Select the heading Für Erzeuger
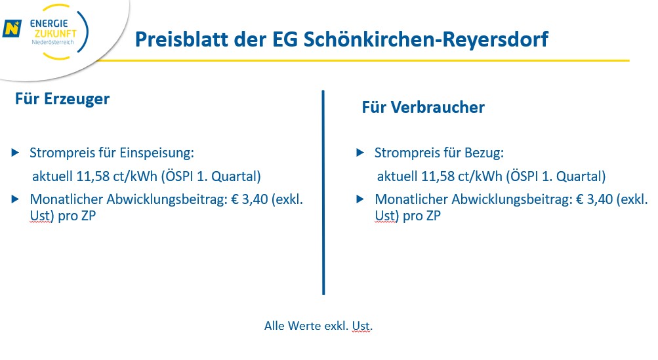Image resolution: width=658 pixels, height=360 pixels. tap(62, 99)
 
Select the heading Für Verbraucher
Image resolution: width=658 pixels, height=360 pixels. tap(423, 108)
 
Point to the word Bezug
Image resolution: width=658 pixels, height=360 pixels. tap(484, 153)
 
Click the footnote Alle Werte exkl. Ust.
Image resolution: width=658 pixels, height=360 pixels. tap(318, 325)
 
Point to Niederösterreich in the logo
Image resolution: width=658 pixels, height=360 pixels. tap(53, 42)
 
